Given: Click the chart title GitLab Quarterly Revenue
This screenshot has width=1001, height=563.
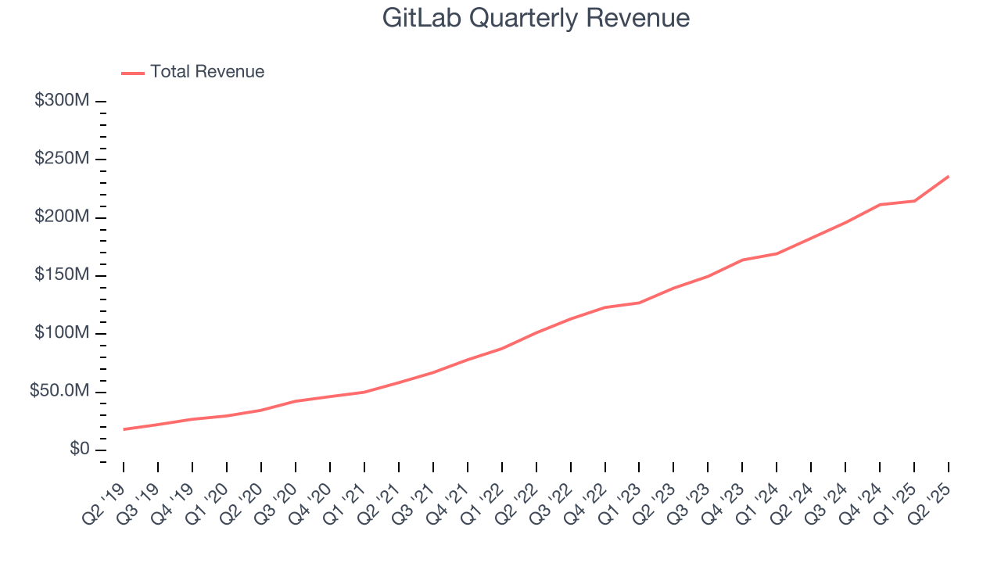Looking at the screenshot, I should [x=536, y=18].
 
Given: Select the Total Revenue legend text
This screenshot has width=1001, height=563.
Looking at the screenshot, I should [x=207, y=72].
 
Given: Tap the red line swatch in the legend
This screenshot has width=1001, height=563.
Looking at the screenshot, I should [x=133, y=73].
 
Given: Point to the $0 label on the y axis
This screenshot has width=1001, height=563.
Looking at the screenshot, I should [x=79, y=450].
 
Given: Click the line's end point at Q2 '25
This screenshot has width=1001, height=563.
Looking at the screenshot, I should [x=949, y=176].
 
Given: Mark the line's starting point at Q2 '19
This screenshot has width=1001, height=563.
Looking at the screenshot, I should [x=124, y=429].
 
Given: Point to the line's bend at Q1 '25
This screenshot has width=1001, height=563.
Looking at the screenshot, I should [x=914, y=201].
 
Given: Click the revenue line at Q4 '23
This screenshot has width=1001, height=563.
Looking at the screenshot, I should [x=742, y=260].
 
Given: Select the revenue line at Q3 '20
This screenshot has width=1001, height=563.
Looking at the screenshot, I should [x=296, y=401].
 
